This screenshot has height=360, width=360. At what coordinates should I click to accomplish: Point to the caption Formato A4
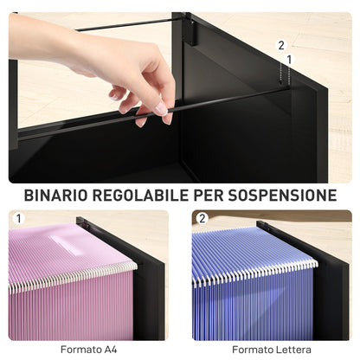(86, 350)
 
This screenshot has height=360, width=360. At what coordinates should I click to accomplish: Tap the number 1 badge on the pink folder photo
(19, 220)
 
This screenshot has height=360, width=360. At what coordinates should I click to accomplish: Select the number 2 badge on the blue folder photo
(202, 220)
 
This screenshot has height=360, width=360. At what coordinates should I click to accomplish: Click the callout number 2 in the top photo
(280, 44)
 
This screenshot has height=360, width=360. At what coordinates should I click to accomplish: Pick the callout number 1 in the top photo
(288, 59)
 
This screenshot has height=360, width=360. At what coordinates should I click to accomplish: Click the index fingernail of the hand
(161, 109)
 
